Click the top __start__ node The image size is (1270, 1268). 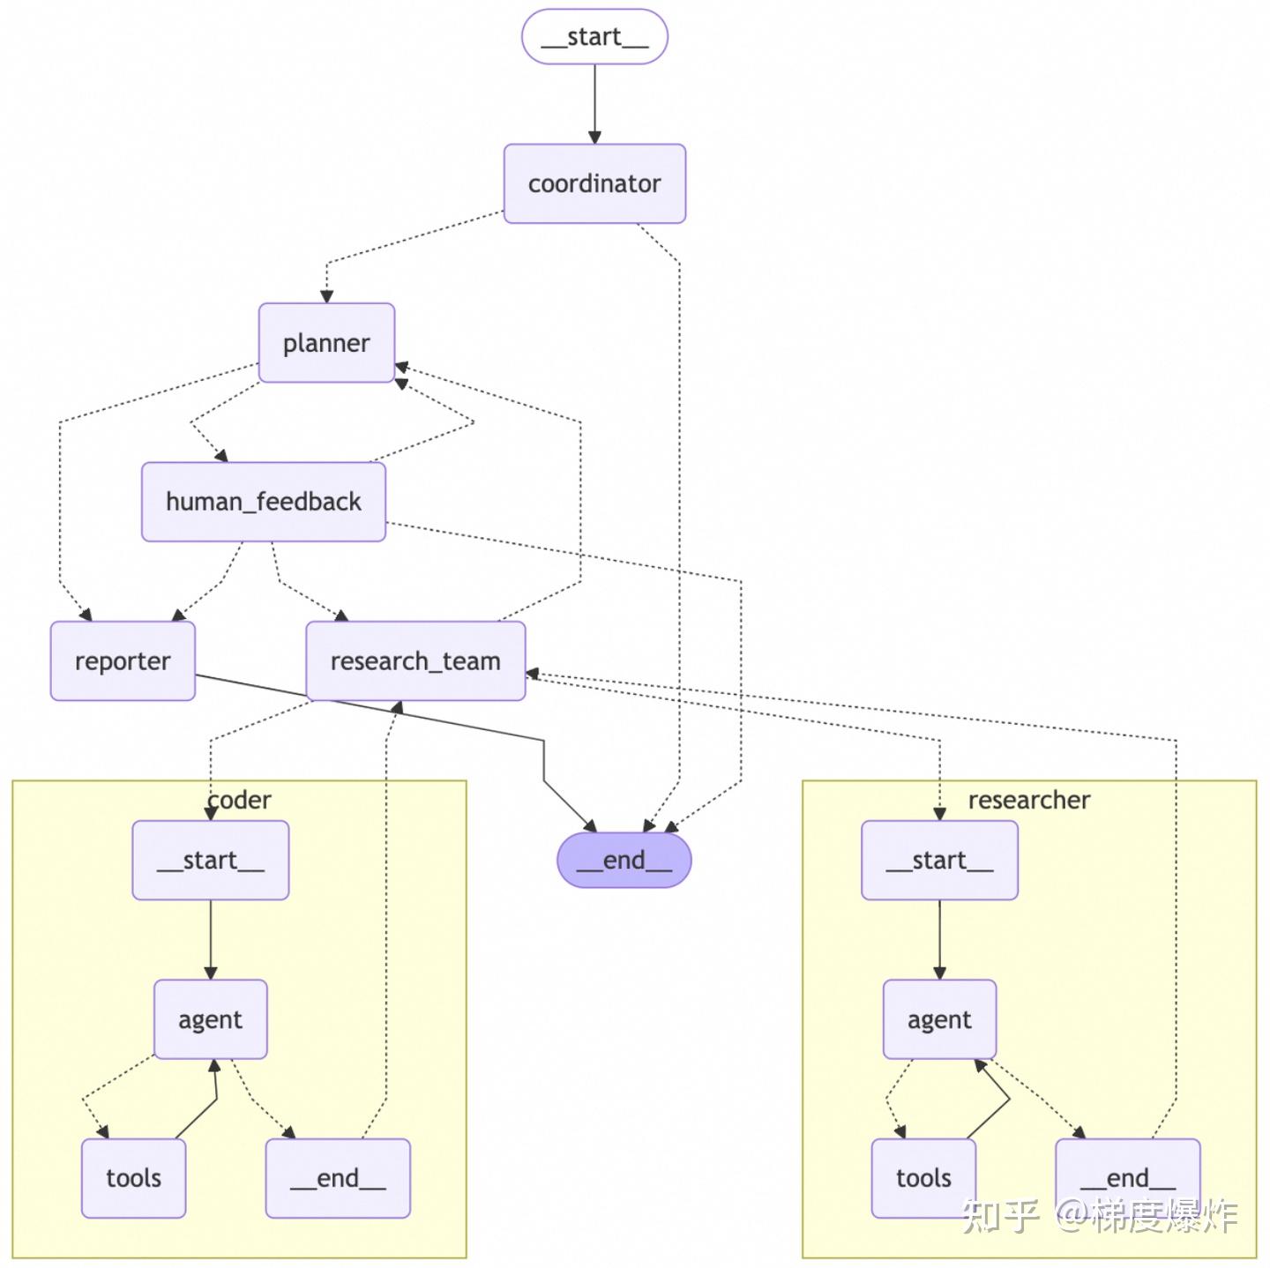tap(594, 36)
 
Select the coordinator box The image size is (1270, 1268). tap(594, 183)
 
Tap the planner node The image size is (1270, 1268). tap(326, 343)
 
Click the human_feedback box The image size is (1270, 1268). tap(263, 502)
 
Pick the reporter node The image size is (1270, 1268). tap(123, 660)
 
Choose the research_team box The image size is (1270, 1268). tap(415, 660)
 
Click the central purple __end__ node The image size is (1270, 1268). tap(624, 860)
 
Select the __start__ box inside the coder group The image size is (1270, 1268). tap(210, 860)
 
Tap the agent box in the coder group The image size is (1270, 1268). tap(210, 1018)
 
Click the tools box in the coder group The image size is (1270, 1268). tap(134, 1178)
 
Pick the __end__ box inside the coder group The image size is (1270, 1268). tap(338, 1178)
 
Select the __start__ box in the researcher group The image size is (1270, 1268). tap(939, 860)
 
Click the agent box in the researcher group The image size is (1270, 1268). tap(939, 1018)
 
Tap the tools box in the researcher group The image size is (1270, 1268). tap(923, 1178)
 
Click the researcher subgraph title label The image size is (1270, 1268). tap(1028, 800)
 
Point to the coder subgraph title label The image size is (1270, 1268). tap(239, 800)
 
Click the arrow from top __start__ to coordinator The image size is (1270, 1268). tap(594, 104)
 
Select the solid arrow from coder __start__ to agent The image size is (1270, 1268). tap(210, 939)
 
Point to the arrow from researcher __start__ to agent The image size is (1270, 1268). tap(939, 939)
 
